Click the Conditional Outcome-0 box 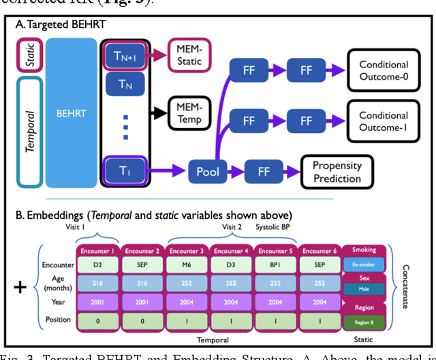pyautogui.click(x=384, y=70)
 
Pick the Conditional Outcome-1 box pyautogui.click(x=384, y=121)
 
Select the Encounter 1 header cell pyautogui.click(x=95, y=250)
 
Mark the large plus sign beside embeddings pyautogui.click(x=20, y=286)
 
